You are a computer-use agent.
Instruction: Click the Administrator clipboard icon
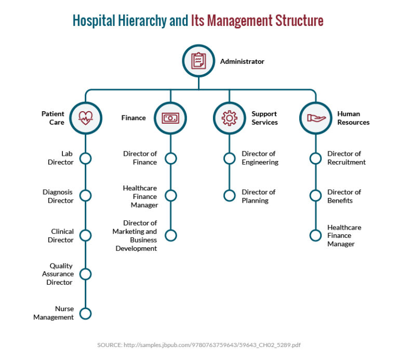(x=198, y=61)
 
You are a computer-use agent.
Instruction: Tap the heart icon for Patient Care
(x=86, y=118)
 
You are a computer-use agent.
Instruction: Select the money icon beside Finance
(x=170, y=118)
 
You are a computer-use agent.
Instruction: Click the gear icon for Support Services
(x=229, y=118)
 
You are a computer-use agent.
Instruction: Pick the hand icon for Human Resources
(x=315, y=118)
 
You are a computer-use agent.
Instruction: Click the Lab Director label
(x=61, y=158)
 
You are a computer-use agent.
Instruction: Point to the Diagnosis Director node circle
(x=86, y=196)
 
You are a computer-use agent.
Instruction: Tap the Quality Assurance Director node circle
(x=86, y=274)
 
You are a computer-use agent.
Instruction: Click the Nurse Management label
(x=54, y=313)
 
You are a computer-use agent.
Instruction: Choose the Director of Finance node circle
(x=170, y=158)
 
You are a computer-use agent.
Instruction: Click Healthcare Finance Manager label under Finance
(x=140, y=196)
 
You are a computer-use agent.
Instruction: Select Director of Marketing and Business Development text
(x=135, y=236)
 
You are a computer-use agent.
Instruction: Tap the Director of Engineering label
(x=260, y=158)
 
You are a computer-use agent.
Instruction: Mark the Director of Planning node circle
(x=229, y=196)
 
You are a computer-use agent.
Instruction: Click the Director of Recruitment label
(x=346, y=158)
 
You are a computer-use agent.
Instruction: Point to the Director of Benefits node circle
(x=315, y=196)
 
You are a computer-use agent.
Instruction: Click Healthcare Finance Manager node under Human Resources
(x=315, y=235)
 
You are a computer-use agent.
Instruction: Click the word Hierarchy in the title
(x=141, y=21)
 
